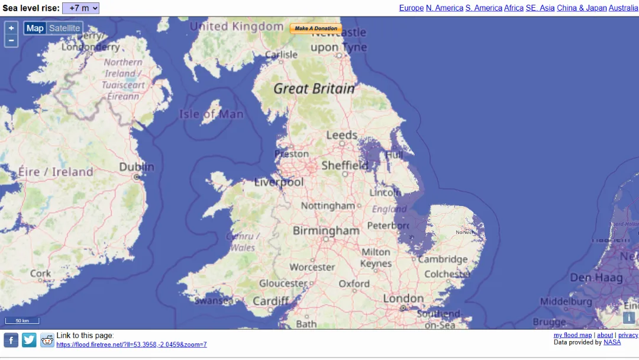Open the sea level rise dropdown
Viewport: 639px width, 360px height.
point(80,8)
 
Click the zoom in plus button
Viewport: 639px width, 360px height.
point(11,28)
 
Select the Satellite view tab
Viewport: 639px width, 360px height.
point(64,28)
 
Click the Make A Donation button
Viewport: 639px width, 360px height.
point(316,28)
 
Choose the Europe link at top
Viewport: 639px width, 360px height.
point(411,8)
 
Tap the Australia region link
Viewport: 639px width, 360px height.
point(623,8)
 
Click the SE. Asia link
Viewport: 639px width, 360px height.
point(540,8)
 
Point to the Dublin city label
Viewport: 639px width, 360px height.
point(137,168)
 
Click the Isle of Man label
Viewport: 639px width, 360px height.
point(211,114)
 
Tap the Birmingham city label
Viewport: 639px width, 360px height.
point(326,230)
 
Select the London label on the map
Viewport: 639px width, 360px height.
point(403,299)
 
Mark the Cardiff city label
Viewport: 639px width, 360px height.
point(271,301)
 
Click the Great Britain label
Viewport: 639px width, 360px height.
point(314,89)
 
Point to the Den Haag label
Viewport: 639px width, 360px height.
point(596,278)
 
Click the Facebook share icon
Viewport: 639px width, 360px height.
point(11,340)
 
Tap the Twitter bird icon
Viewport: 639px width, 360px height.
point(29,340)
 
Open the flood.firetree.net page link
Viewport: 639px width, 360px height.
point(131,345)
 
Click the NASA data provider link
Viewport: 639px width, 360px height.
point(612,342)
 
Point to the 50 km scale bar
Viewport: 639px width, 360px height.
point(22,321)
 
